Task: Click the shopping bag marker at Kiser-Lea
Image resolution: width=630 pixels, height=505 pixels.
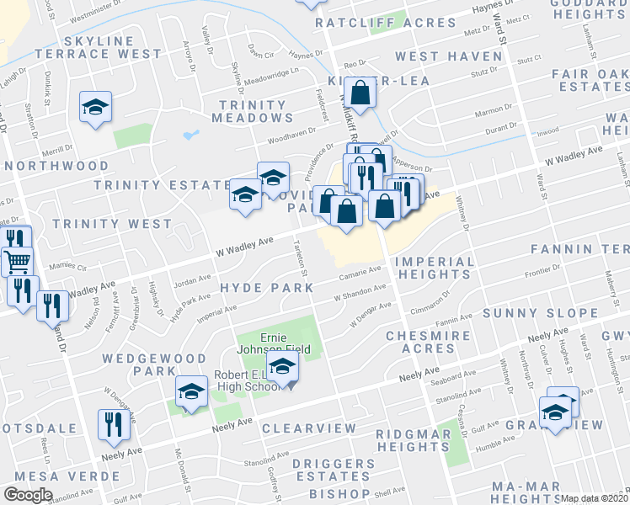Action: tap(360, 97)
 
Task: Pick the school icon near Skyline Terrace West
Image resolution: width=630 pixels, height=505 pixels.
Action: tap(95, 108)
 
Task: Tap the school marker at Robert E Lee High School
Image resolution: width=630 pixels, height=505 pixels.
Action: tap(283, 367)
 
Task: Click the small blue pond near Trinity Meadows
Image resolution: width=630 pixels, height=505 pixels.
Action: tap(189, 134)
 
